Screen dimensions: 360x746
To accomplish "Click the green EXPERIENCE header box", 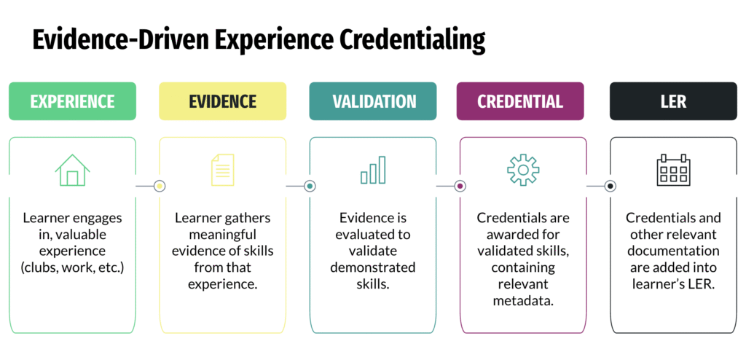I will pos(72,101).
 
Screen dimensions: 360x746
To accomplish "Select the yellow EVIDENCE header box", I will pos(222,101).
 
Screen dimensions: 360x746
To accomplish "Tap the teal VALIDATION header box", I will pos(372,101).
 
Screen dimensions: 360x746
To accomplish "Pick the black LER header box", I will pos(672,101).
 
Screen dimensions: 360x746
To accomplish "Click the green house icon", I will pos(72,170).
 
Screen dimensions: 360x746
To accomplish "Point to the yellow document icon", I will pos(222,170).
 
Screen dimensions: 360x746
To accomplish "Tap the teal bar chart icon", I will pos(372,171).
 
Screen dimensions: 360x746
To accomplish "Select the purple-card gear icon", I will pos(523,170).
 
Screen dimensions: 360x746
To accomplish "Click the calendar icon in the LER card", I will pos(672,170).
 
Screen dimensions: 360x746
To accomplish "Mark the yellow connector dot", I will pos(160,187).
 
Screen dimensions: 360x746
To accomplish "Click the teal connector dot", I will pos(310,187).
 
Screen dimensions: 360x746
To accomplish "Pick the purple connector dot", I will pos(460,187).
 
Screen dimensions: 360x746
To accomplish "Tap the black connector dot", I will pos(610,187).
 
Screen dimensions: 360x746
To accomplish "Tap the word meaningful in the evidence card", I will pos(222,235).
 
